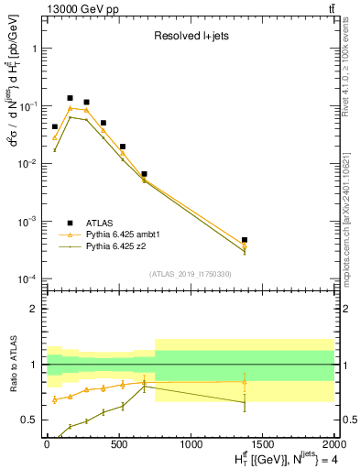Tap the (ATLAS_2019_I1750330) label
tap(190, 274)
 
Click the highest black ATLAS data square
tap(70, 98)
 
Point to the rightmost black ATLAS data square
tap(245, 240)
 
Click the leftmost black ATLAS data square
tap(55, 127)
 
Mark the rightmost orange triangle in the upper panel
tap(245, 245)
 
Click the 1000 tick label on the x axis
tap(191, 444)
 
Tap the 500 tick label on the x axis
tap(117, 444)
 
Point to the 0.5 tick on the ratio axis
tap(34, 420)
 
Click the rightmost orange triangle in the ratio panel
tap(245, 382)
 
